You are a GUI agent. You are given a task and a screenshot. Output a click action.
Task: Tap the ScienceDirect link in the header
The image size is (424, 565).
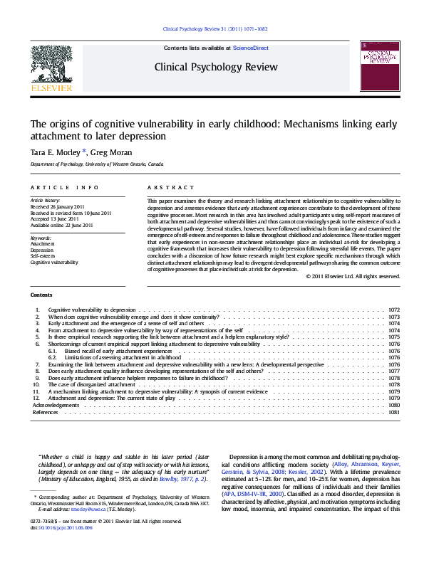coord(251,48)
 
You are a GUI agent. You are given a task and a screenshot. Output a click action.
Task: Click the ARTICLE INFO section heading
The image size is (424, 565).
coord(64,187)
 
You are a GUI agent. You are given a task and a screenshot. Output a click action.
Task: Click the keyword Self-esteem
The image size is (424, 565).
coord(42,256)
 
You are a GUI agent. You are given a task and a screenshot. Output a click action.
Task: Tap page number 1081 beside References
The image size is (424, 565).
coord(394,412)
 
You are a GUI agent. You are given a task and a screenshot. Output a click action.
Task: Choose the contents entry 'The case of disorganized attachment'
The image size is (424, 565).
coord(92,384)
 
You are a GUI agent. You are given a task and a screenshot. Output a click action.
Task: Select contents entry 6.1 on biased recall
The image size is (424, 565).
coord(118,351)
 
